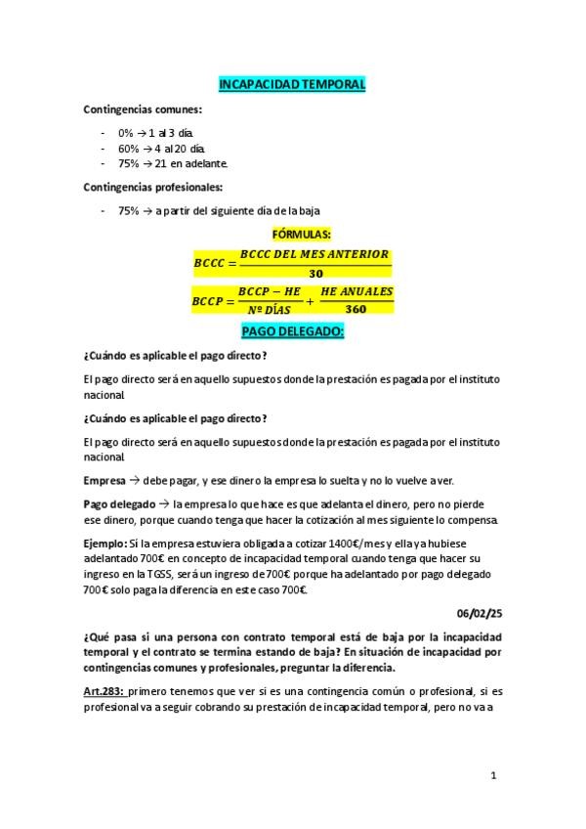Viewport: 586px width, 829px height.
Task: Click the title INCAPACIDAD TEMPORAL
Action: click(x=293, y=85)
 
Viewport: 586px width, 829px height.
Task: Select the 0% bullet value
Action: click(x=125, y=132)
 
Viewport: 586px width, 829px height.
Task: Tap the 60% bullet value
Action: click(x=128, y=147)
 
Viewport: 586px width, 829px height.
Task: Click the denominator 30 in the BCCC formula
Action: click(x=314, y=274)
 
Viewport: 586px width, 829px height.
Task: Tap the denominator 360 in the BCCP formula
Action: click(x=356, y=309)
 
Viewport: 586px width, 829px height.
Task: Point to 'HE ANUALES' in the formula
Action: click(x=356, y=291)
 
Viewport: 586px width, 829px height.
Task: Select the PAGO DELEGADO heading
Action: click(x=292, y=332)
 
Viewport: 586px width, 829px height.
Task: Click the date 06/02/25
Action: click(x=478, y=613)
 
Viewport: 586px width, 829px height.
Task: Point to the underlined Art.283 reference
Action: click(x=106, y=690)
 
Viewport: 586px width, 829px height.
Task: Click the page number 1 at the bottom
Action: click(x=495, y=776)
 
